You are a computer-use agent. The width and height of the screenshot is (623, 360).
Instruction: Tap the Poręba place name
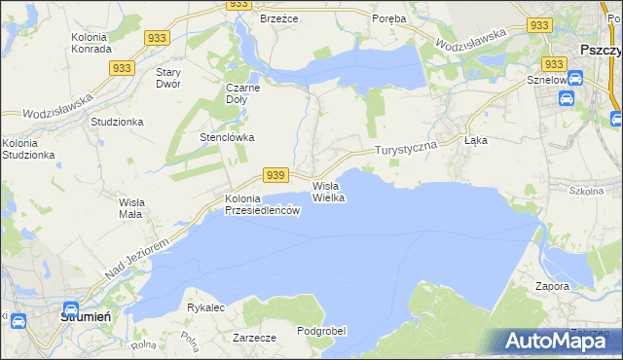click(391, 18)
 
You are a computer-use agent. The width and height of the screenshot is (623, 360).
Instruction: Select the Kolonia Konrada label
click(92, 43)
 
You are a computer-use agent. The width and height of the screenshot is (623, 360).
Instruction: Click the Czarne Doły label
click(242, 92)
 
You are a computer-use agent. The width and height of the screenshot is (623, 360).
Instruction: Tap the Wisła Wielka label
click(328, 191)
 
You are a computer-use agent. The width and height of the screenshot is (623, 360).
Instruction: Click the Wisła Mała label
click(130, 207)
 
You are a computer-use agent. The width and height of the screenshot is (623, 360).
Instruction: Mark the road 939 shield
click(276, 175)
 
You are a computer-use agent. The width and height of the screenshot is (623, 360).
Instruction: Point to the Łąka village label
click(476, 140)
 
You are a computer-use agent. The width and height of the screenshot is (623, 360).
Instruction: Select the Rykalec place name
click(206, 307)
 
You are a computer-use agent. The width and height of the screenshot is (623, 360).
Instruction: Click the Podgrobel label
click(321, 331)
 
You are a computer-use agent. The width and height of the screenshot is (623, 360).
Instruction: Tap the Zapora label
click(552, 287)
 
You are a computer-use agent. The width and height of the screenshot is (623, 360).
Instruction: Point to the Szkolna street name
click(586, 191)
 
